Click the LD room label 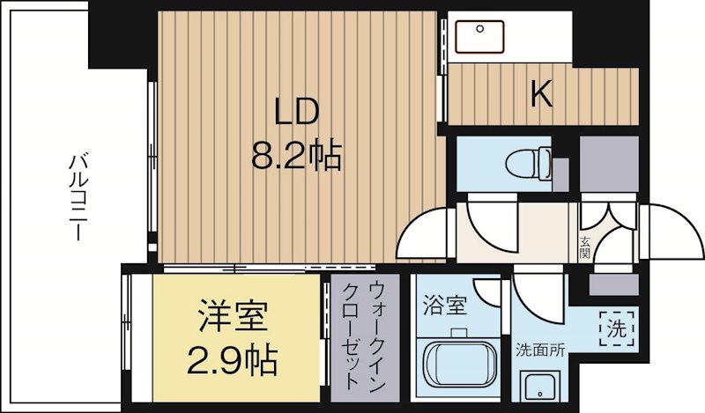coord(296,114)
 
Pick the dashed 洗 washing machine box coord(616,328)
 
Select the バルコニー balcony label coord(78,197)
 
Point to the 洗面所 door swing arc coord(537,296)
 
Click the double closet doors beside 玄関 coord(608,218)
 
